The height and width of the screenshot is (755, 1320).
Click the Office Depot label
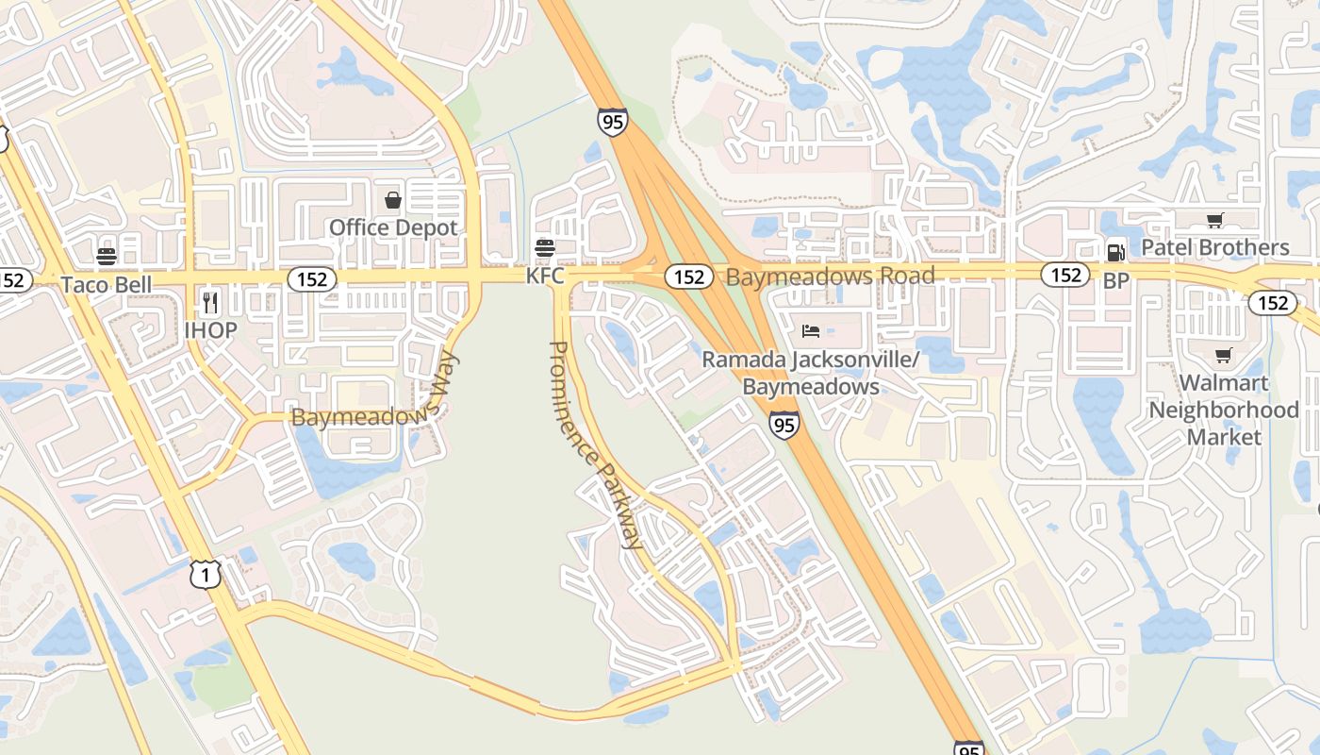point(392,227)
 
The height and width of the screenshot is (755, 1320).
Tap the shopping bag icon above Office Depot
point(393,200)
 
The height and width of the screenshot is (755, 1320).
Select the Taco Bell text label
point(106,284)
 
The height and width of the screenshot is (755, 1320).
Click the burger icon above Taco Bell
point(106,257)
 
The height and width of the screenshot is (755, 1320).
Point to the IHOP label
point(210,329)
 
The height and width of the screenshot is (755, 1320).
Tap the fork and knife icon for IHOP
point(210,303)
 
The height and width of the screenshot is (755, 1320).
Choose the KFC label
point(545,276)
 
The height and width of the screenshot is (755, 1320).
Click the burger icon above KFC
point(545,248)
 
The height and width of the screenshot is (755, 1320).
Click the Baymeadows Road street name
point(830,276)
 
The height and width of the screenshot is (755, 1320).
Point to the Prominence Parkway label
point(595,445)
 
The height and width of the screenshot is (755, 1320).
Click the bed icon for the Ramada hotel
point(810,330)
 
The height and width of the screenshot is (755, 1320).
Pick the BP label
point(1115,280)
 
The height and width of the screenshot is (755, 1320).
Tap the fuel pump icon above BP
point(1115,252)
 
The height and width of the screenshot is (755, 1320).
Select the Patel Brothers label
point(1214,247)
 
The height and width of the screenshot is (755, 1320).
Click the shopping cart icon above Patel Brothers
point(1214,221)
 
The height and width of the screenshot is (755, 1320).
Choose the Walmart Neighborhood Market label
point(1223,410)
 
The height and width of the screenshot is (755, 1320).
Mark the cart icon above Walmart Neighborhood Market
point(1223,356)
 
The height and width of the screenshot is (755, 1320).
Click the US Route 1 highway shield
point(205,574)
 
